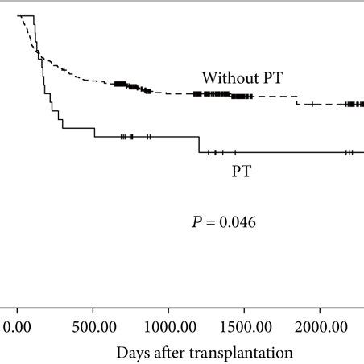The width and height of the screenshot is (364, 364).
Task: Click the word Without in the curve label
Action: coord(227,78)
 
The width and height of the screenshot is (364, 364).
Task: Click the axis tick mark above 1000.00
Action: coord(168,308)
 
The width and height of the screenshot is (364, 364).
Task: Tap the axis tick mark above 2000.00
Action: coord(320,308)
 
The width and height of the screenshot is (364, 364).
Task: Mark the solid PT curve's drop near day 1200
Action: coord(199,145)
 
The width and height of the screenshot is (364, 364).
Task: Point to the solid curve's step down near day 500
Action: coord(94,133)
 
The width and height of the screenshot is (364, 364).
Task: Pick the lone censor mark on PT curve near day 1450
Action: coord(235,152)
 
